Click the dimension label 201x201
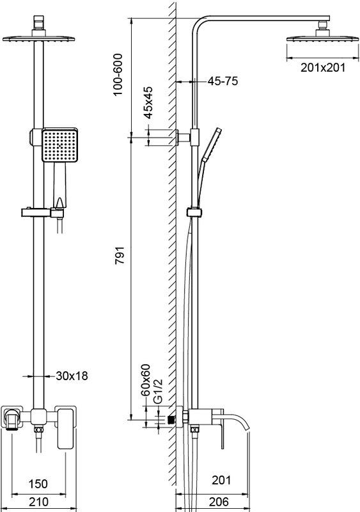point(322,67)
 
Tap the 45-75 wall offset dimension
point(223,81)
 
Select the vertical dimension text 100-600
point(118,75)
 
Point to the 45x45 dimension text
point(148,102)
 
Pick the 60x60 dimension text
point(146,380)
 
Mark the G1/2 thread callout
point(158,392)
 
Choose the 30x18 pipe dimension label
point(72,376)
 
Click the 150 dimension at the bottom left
point(38,484)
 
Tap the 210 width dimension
point(38,502)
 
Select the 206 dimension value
point(219,502)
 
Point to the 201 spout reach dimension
point(221,480)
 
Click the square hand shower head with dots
point(59,145)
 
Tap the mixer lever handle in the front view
point(66,427)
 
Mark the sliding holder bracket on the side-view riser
point(194,212)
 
